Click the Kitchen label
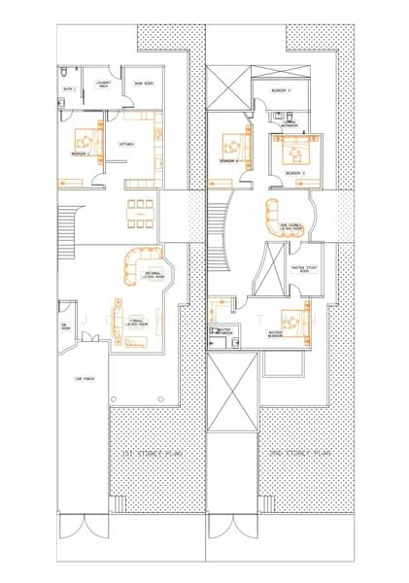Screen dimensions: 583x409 126,144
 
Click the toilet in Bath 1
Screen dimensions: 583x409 62,74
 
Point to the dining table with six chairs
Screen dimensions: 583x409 139,213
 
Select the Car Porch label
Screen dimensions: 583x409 84,379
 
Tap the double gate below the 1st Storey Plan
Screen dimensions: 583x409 84,531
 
